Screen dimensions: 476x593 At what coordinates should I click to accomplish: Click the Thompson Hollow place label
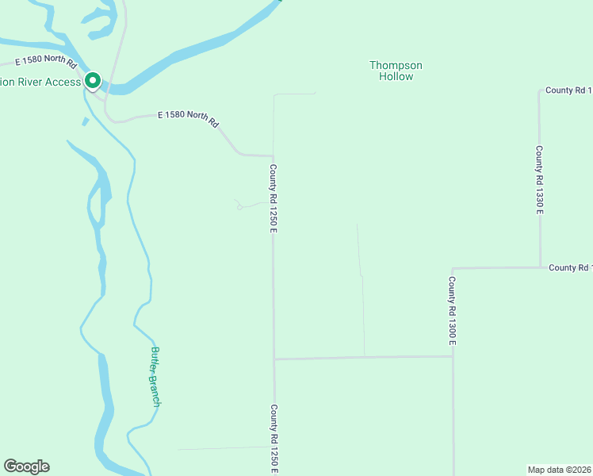(x=396, y=71)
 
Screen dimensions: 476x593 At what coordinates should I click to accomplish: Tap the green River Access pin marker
(x=92, y=81)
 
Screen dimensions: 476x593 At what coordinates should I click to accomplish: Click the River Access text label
(x=40, y=82)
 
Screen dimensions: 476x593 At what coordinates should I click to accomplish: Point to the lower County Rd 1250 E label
(x=274, y=439)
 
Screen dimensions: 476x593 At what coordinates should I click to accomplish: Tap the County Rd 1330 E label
(x=538, y=179)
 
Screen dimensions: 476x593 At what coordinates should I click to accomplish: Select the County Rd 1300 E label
(x=451, y=310)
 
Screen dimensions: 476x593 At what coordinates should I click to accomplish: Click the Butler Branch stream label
(x=155, y=377)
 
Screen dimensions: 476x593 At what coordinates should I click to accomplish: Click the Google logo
(x=26, y=466)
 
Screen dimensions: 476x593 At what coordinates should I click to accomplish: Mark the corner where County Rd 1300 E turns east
(x=453, y=268)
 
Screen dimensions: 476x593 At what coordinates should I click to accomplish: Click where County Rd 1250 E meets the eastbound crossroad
(x=274, y=359)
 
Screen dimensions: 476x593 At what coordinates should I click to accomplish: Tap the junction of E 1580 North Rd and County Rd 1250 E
(x=274, y=155)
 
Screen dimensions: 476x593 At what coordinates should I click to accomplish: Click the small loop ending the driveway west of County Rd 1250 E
(x=239, y=208)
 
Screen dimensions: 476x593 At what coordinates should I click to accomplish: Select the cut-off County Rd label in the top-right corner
(x=568, y=90)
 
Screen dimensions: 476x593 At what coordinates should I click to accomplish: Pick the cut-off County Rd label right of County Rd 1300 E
(x=570, y=267)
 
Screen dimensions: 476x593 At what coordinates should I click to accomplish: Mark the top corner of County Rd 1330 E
(x=539, y=90)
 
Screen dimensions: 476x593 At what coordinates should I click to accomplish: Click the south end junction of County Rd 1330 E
(x=540, y=267)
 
